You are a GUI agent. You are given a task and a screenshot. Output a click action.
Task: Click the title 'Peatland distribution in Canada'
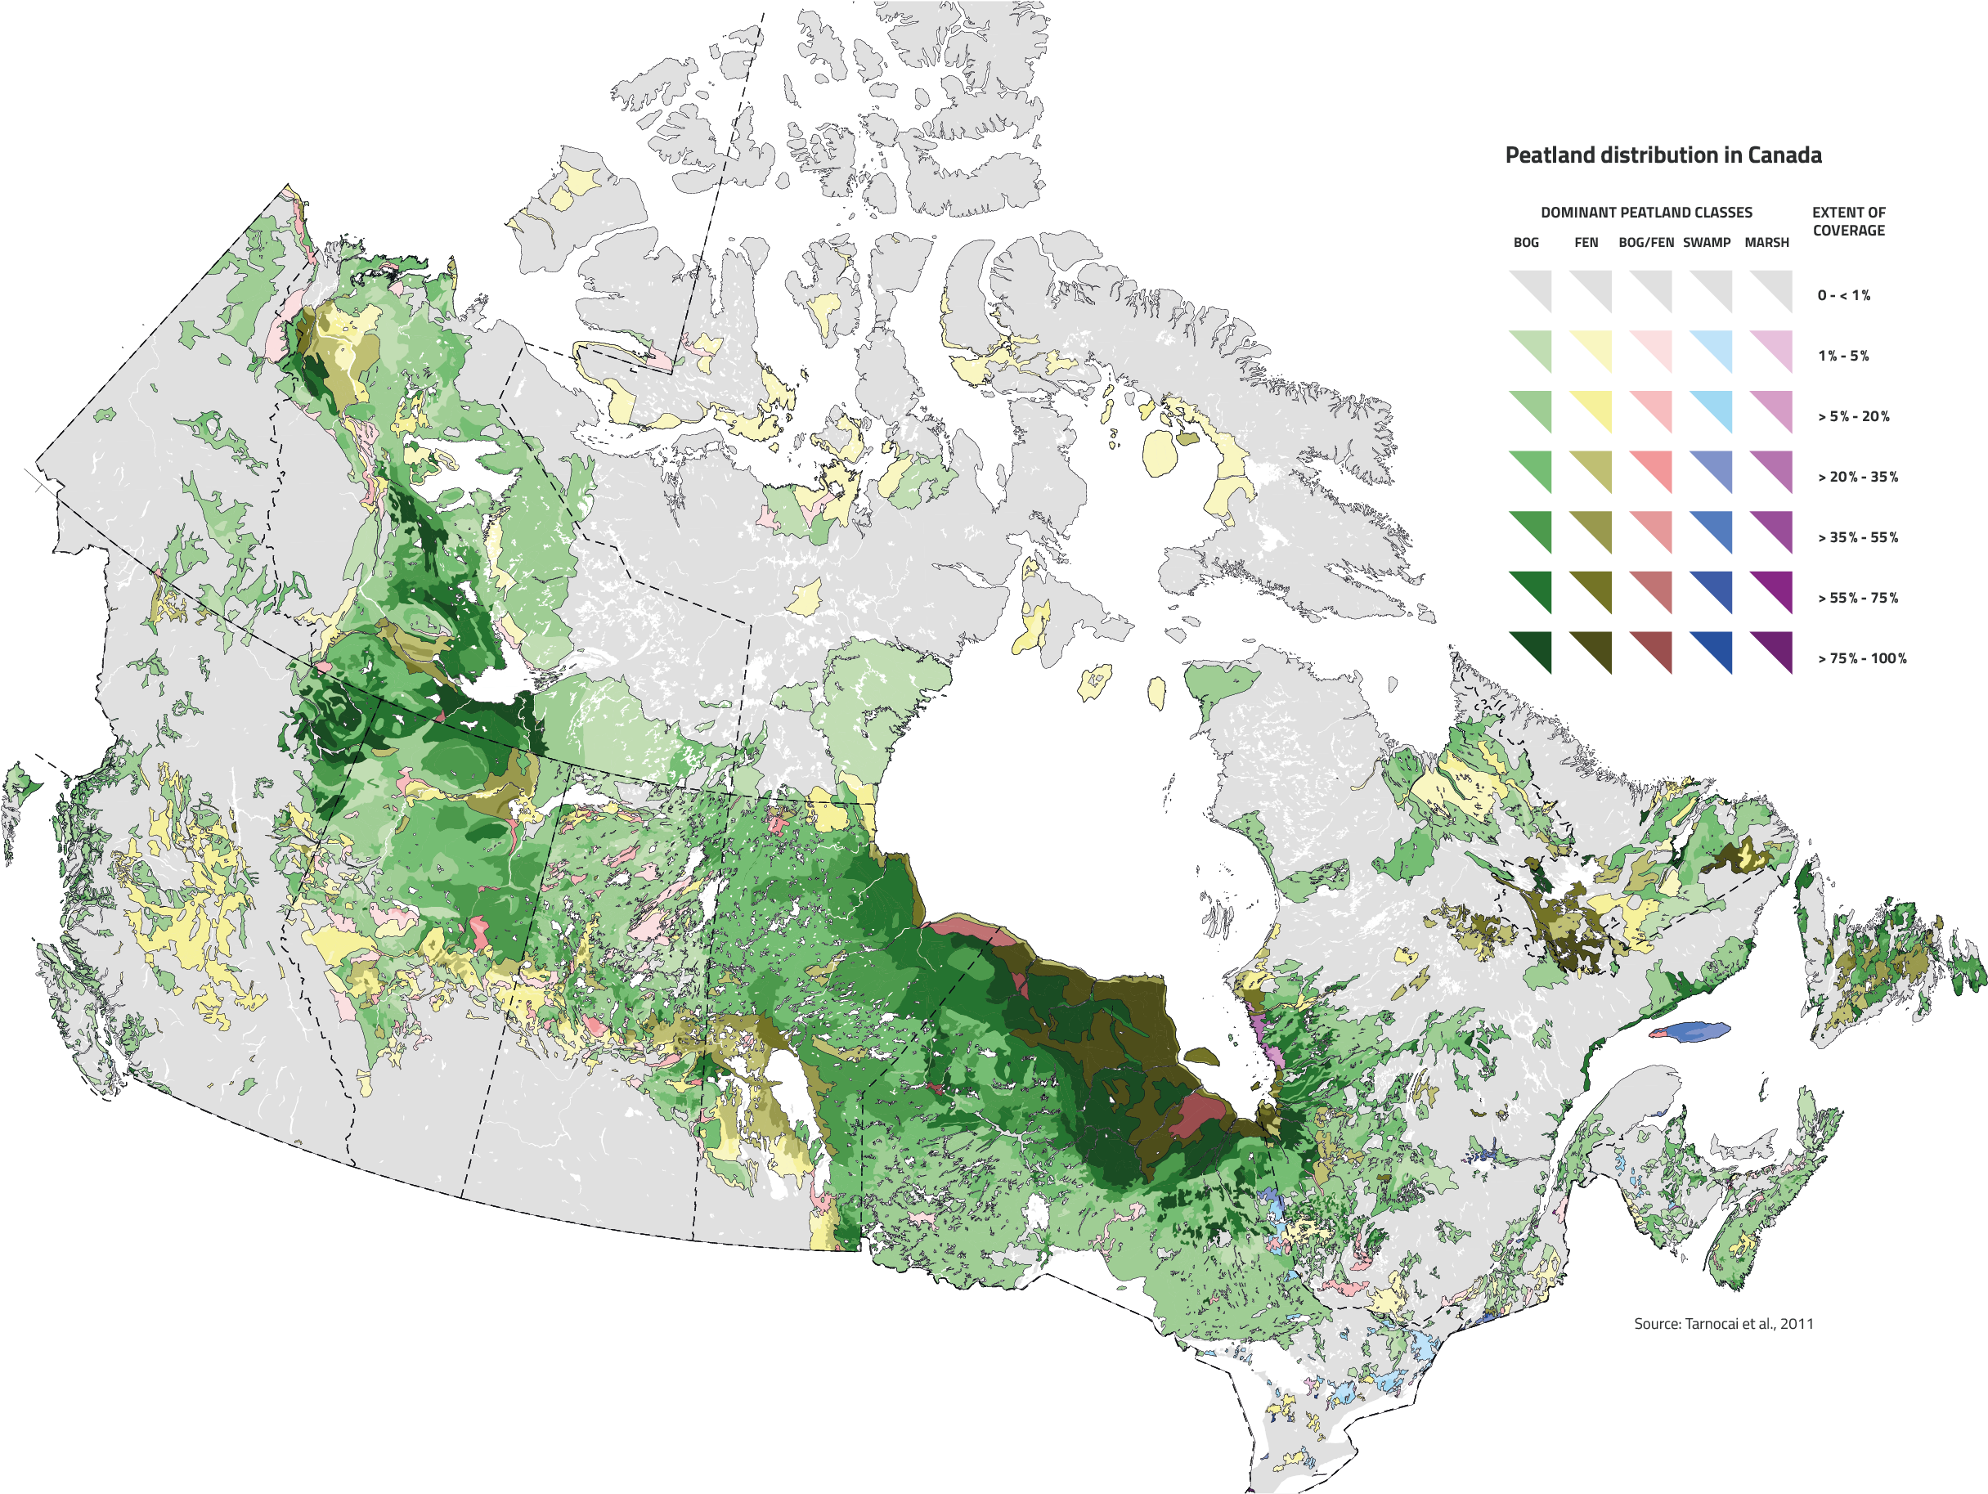(x=1663, y=155)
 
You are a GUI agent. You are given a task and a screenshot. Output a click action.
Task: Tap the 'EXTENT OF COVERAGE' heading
(x=1849, y=221)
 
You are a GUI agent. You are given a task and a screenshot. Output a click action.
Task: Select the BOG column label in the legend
(x=1526, y=243)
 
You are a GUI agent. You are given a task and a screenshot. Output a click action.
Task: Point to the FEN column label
(x=1586, y=243)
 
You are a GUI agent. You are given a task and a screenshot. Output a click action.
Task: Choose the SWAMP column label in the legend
(x=1707, y=243)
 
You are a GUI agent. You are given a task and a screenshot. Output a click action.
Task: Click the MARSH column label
(x=1767, y=243)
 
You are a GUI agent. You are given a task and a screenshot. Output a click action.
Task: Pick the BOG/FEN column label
(x=1645, y=243)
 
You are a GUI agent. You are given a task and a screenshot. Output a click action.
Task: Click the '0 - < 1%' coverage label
(x=1843, y=296)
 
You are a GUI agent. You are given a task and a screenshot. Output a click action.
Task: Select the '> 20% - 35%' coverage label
(x=1858, y=478)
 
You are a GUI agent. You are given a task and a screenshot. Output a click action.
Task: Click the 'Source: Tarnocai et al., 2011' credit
(x=1723, y=1324)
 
